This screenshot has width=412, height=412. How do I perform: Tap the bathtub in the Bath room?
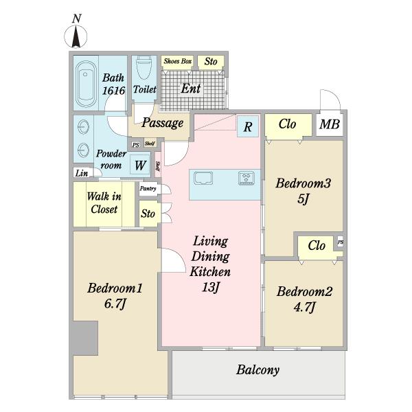click(85, 83)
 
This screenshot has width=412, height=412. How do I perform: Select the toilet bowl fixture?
click(144, 67)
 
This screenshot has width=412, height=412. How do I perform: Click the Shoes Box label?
click(178, 61)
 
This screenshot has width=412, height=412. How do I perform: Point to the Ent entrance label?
click(191, 89)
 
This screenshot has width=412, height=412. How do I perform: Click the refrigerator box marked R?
click(247, 126)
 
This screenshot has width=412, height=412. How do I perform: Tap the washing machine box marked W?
click(140, 165)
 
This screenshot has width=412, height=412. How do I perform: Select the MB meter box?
click(330, 124)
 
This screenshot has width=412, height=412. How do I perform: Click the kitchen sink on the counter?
click(203, 178)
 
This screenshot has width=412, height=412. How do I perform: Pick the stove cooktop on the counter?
click(247, 178)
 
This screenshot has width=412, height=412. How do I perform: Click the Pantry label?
click(148, 188)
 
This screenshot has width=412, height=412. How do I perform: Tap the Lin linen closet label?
click(82, 173)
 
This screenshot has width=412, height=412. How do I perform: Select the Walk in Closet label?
click(104, 203)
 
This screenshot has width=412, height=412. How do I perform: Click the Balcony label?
click(257, 370)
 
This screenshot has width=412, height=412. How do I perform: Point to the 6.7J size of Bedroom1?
click(115, 304)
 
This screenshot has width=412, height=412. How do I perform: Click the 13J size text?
click(210, 287)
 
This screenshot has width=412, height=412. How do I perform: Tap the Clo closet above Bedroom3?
click(288, 124)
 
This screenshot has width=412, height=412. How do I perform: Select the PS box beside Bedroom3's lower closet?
click(341, 242)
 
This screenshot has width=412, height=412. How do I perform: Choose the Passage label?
click(162, 123)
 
